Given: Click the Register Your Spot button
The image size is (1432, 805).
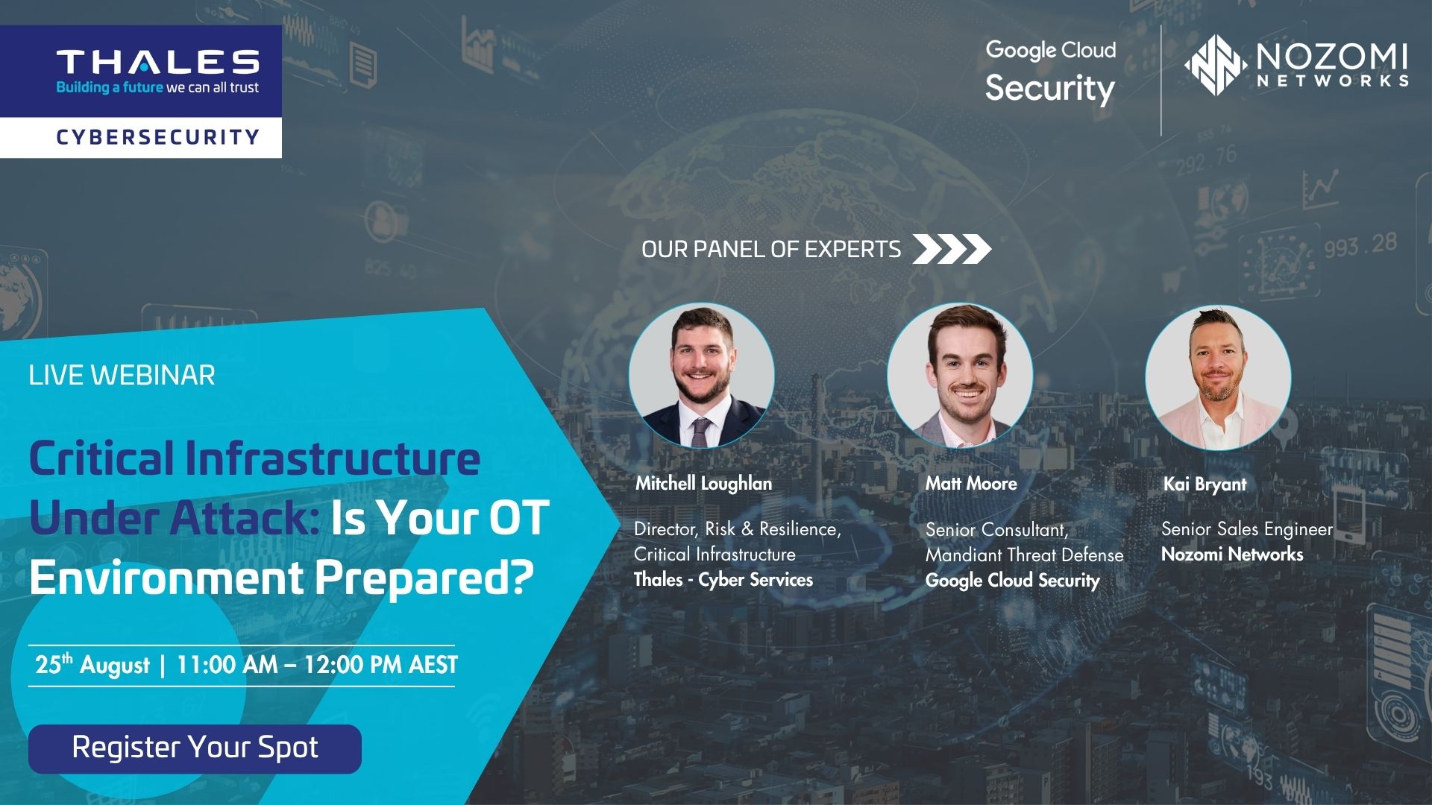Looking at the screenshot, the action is (195, 748).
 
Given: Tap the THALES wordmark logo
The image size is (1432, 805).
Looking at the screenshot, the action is (157, 62).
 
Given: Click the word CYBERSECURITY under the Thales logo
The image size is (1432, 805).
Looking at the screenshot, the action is (157, 137).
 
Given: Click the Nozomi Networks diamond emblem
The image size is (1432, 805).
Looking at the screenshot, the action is (1216, 65).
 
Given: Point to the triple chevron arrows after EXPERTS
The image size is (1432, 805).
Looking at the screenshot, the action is (952, 249).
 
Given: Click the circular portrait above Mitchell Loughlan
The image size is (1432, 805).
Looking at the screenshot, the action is (701, 375).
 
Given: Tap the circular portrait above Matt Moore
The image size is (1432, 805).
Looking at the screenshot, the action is (960, 375).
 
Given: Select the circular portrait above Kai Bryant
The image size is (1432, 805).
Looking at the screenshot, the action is (1218, 377).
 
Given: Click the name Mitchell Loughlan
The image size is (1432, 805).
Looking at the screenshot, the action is (703, 484).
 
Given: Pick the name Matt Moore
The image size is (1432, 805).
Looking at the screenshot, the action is (971, 484).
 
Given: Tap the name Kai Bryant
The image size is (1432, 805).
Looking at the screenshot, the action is (1205, 484).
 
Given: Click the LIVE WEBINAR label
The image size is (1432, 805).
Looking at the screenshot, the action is (122, 375).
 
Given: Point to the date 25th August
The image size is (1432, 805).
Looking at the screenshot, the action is (92, 664).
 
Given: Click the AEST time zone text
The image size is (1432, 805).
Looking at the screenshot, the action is (433, 665).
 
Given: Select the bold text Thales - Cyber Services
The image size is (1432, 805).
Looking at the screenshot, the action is (723, 580).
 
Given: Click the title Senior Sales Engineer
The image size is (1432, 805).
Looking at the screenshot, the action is (1246, 529).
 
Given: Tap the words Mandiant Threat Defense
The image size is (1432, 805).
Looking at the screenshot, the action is (1024, 555).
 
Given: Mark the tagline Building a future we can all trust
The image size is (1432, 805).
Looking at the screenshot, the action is (157, 88).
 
